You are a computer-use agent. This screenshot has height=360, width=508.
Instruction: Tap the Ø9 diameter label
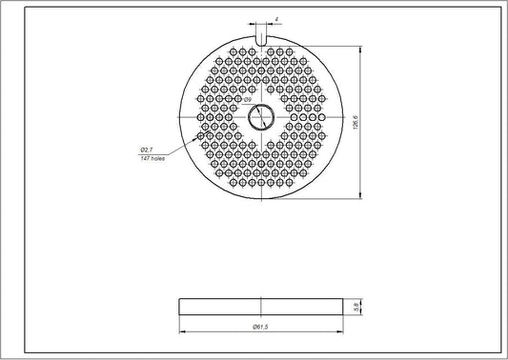pyautogui.click(x=247, y=100)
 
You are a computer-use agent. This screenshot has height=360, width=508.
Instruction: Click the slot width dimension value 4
pyautogui.click(x=275, y=18)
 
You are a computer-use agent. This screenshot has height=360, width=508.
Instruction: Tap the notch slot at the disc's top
pyautogui.click(x=260, y=37)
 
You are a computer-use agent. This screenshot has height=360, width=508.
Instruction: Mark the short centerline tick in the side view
pyautogui.click(x=260, y=306)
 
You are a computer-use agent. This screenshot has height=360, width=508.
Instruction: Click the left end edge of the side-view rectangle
pyautogui.click(x=180, y=306)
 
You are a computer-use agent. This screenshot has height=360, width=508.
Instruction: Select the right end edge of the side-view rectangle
pyautogui.click(x=341, y=306)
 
